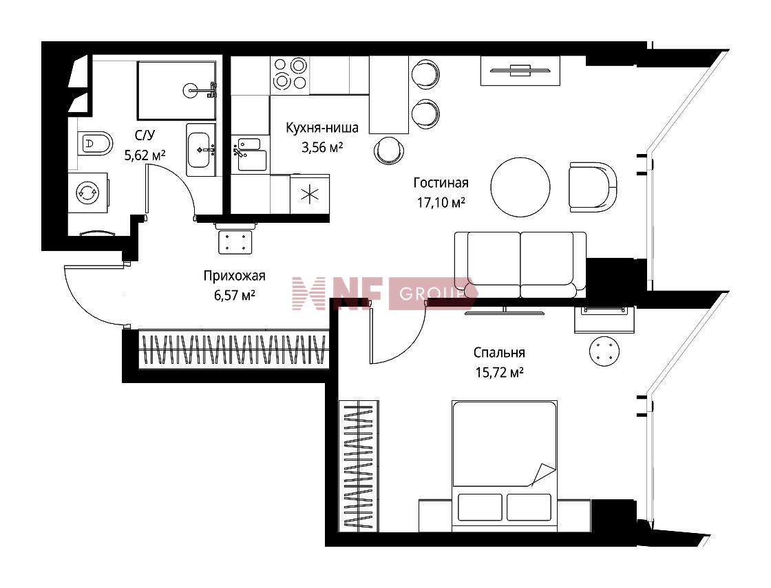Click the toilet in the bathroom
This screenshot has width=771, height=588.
pyautogui.click(x=94, y=144)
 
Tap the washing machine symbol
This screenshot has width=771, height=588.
pyautogui.click(x=88, y=193)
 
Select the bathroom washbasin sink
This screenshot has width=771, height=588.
pyautogui.click(x=200, y=149)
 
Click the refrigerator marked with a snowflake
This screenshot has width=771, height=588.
pyautogui.click(x=310, y=195)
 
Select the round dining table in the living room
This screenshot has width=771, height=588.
pyautogui.click(x=520, y=186)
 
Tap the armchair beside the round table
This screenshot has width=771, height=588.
pyautogui.click(x=593, y=187)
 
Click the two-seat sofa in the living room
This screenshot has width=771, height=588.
pyautogui.click(x=520, y=264)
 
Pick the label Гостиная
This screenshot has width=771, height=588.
pyautogui.click(x=441, y=183)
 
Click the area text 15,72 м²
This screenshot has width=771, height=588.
pyautogui.click(x=498, y=373)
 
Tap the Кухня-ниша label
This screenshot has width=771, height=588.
pyautogui.click(x=322, y=128)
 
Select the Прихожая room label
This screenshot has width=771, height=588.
pyautogui.click(x=234, y=276)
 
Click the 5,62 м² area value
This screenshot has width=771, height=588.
pyautogui.click(x=145, y=155)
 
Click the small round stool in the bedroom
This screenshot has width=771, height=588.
pyautogui.click(x=604, y=351)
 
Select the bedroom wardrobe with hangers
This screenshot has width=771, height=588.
pyautogui.click(x=359, y=466)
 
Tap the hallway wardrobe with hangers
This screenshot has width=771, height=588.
pyautogui.click(x=234, y=350)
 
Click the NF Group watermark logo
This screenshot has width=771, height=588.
pyautogui.click(x=383, y=294)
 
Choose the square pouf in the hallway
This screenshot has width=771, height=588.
pyautogui.click(x=235, y=241)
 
